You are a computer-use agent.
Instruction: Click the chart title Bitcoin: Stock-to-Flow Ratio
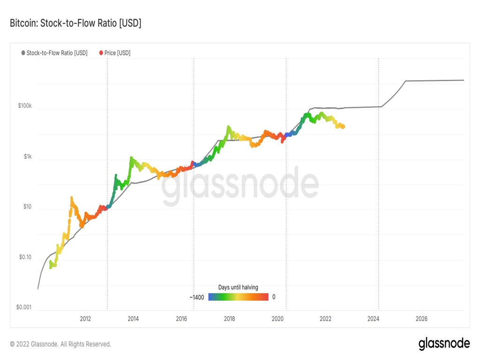[75, 23]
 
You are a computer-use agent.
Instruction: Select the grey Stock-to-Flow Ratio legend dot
[23, 53]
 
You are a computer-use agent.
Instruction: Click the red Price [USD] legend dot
[101, 53]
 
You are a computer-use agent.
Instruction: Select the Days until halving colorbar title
[238, 287]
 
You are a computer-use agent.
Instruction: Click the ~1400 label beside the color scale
[197, 297]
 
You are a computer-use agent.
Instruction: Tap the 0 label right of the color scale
[274, 297]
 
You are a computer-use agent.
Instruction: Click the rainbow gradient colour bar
[238, 297]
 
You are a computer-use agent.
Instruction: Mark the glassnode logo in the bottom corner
[444, 344]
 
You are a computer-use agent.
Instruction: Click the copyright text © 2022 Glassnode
[60, 344]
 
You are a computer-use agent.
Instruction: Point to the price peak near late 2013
[131, 158]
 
